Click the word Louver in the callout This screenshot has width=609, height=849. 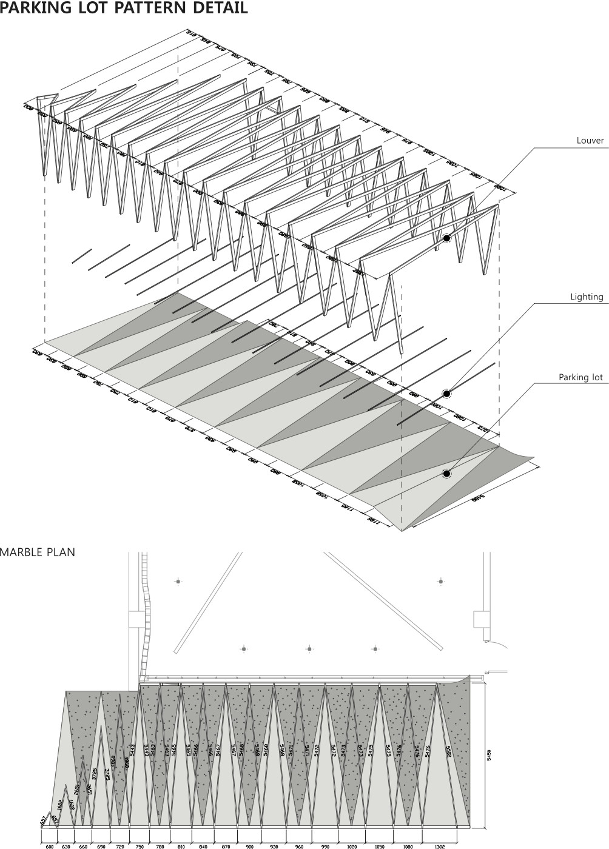590,141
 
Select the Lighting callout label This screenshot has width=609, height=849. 587,297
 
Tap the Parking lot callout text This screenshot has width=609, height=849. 581,377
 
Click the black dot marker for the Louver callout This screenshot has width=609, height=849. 446,239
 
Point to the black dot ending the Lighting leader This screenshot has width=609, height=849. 446,394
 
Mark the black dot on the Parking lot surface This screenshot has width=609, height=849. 446,473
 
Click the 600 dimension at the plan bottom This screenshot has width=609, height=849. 50,845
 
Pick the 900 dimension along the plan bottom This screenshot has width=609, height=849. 249,845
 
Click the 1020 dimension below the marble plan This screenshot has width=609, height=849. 352,845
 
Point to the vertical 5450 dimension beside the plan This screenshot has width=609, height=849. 490,755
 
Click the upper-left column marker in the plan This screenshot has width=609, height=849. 178,582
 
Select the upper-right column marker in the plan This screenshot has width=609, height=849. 440,582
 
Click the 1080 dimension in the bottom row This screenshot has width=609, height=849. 408,845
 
